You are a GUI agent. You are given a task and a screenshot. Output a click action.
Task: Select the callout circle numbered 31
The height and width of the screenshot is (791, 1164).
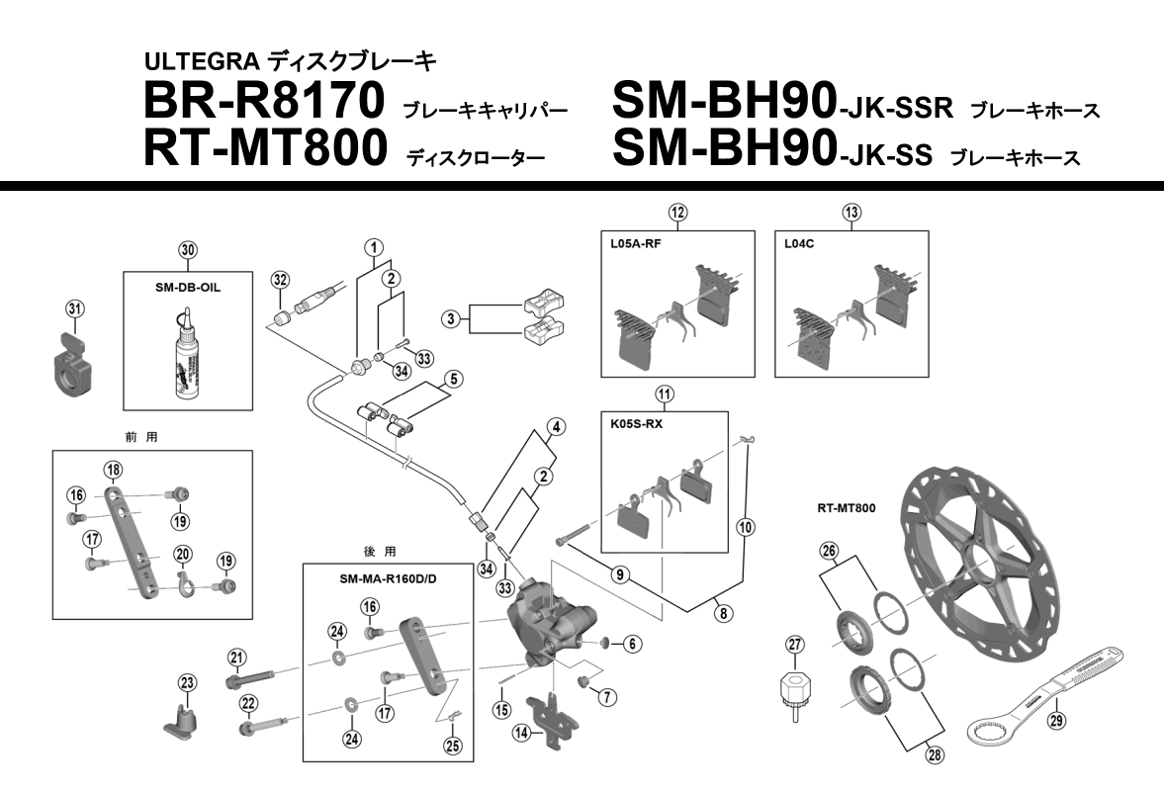[74, 308]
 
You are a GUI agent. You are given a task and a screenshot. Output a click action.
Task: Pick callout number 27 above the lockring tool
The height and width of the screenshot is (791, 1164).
[797, 644]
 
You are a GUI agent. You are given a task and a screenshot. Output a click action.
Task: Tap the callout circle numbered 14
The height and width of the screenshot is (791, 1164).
[521, 733]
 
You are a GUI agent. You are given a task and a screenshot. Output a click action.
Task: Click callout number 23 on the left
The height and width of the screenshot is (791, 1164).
[188, 681]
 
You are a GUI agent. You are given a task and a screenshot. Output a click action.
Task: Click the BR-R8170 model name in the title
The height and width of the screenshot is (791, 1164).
[263, 102]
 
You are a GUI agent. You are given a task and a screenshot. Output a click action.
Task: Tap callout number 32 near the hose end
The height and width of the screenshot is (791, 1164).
[280, 280]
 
